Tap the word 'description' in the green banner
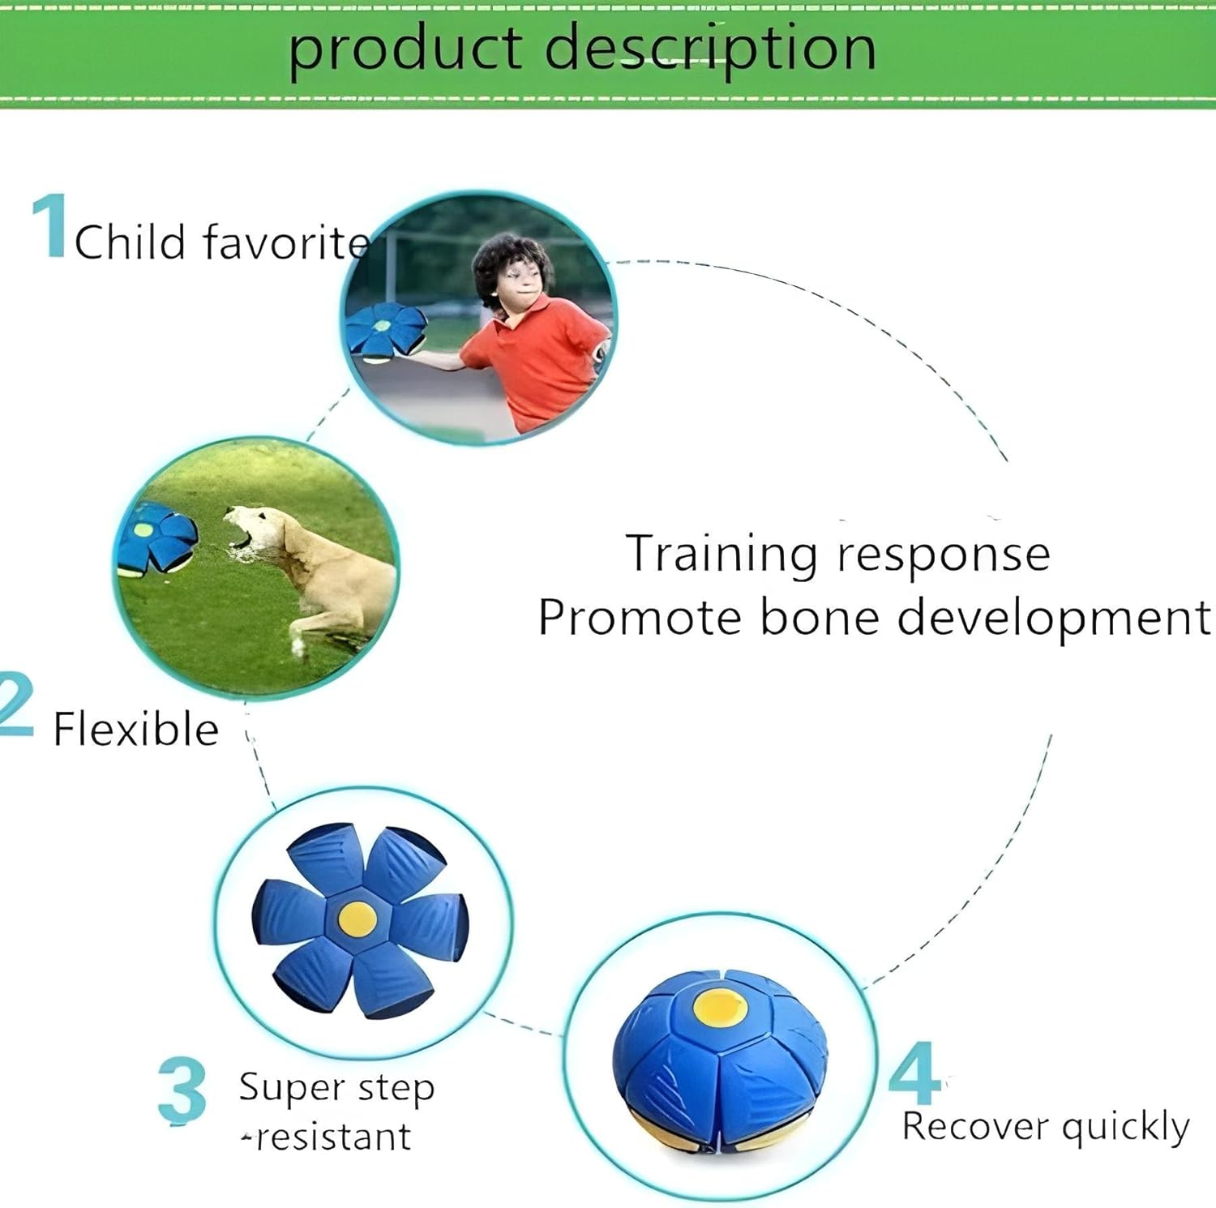[x=710, y=49]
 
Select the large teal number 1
[x=50, y=226]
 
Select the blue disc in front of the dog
[x=157, y=539]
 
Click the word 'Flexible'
[x=136, y=729]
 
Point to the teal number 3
[x=182, y=1090]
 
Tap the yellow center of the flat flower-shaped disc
[x=358, y=918]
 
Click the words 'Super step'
[x=336, y=1088]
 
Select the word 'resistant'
[x=332, y=1137]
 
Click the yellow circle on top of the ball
[x=720, y=1007]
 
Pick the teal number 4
[x=914, y=1074]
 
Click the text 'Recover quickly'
[x=1046, y=1126]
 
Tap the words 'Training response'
[x=838, y=555]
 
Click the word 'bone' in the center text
[x=820, y=618]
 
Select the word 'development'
[x=1054, y=618]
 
